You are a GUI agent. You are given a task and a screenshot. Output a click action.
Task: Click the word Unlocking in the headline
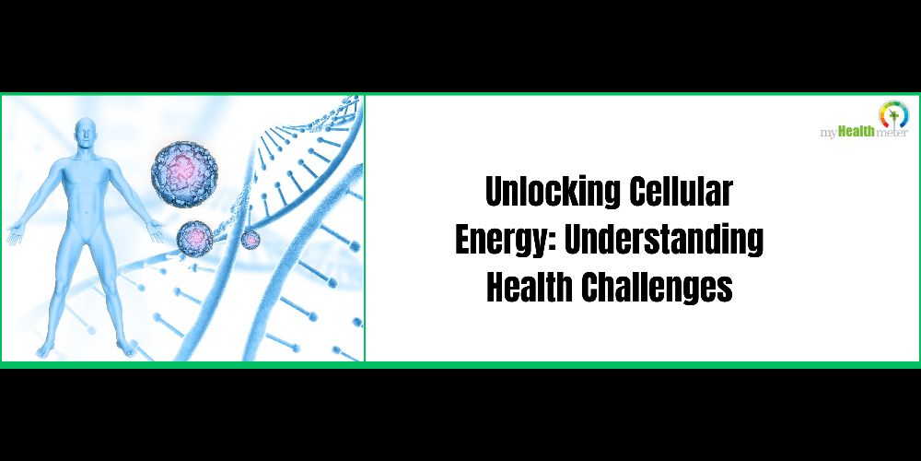click(551, 193)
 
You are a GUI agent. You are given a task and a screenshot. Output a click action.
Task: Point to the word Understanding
click(664, 241)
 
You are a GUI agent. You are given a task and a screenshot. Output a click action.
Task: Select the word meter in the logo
click(892, 134)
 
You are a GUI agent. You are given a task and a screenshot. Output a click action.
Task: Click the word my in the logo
click(828, 135)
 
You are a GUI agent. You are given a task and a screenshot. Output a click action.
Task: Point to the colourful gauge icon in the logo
click(893, 113)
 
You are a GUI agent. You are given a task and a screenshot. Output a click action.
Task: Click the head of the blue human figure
click(86, 133)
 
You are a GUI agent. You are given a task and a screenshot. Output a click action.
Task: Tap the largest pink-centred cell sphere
click(184, 174)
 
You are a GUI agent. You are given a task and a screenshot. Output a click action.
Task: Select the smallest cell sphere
click(251, 239)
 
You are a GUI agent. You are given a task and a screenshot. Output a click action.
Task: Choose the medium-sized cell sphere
click(196, 239)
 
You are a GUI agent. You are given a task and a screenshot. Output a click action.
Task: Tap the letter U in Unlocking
click(495, 192)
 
